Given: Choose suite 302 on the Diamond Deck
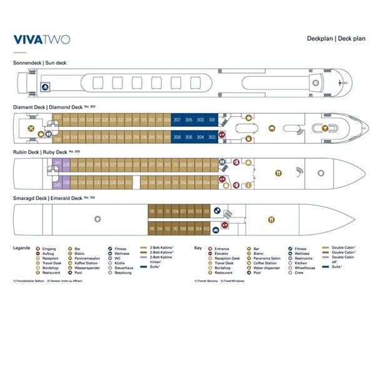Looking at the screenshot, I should click(212, 136).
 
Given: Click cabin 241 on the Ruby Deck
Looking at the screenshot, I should click(57, 164).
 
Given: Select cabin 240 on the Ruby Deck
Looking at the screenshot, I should click(57, 184).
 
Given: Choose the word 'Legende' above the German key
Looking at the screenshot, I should click(22, 248).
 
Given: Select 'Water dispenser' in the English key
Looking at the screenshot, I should click(267, 267).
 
